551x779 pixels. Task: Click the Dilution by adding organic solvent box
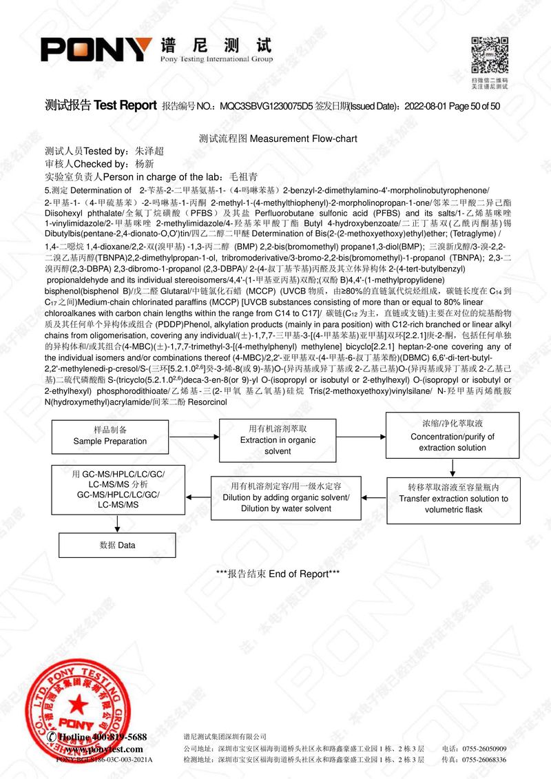[286, 497]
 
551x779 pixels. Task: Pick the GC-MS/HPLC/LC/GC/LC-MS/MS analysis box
[118, 490]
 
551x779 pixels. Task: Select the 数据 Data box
[118, 545]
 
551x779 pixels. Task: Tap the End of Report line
[278, 574]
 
